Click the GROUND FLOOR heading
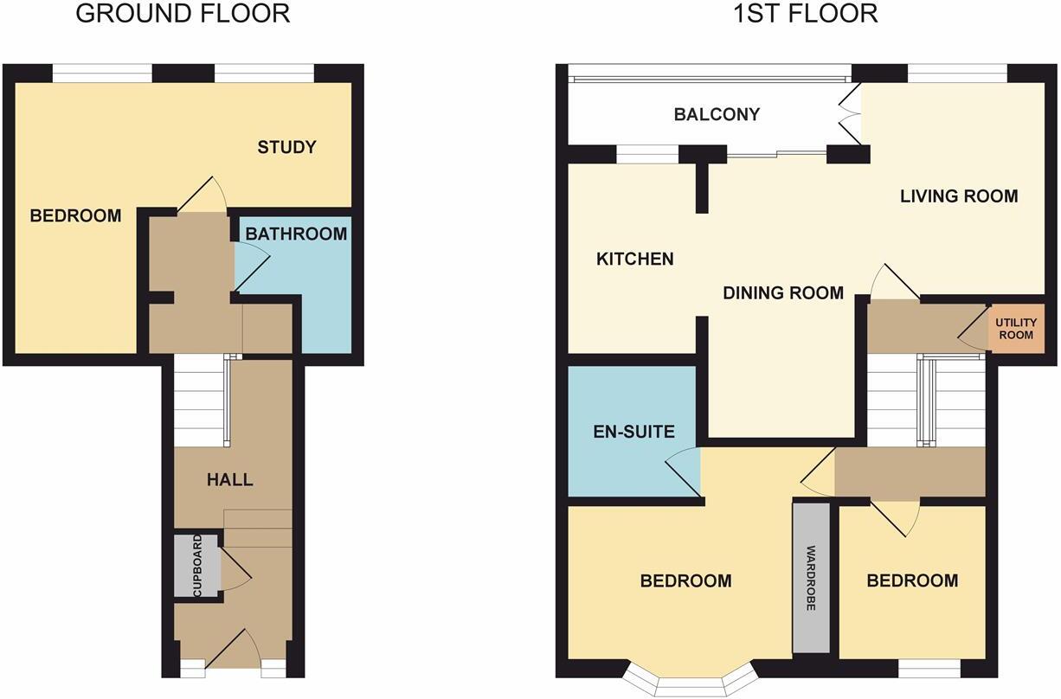183,14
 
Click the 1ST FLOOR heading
805,14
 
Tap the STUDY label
287,147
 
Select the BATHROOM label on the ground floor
296,234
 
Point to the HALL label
229,479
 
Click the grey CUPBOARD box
196,566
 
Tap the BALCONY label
717,114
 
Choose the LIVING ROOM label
959,196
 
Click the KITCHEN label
635,259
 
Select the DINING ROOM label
783,293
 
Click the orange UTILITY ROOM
1016,329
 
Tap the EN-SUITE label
633,431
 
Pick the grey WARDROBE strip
811,578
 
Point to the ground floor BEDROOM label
75,215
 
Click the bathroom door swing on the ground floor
251,265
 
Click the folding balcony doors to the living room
849,113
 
